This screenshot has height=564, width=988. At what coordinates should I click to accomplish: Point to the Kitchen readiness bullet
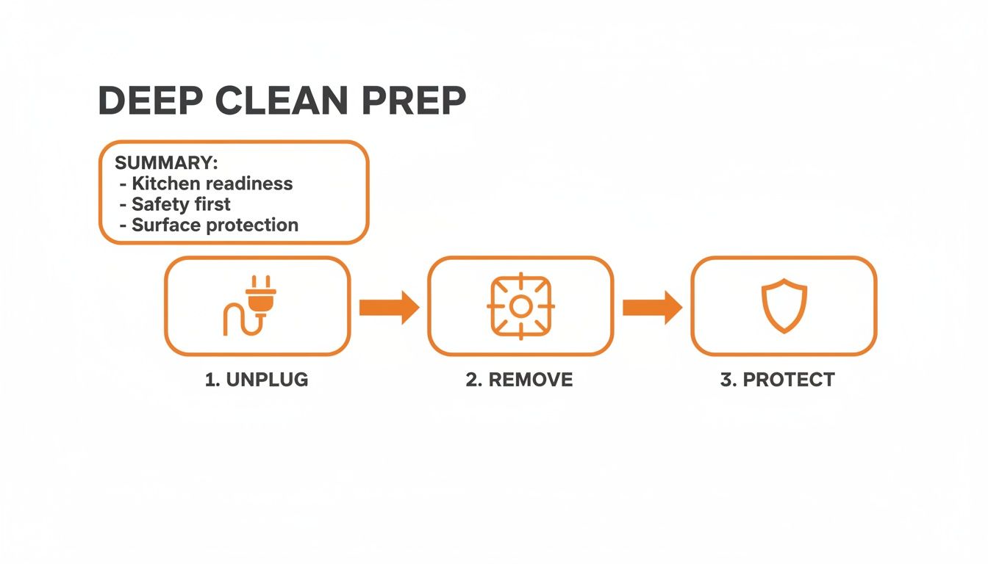212,184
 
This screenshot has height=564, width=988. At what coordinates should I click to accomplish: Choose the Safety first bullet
181,204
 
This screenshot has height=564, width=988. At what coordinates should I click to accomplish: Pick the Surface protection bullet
215,225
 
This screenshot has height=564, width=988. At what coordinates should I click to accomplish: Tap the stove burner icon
520,306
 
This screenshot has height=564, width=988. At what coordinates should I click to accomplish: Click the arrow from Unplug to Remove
389,307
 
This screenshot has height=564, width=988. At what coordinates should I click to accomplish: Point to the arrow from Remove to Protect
652,307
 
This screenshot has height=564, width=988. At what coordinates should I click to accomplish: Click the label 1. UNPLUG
257,380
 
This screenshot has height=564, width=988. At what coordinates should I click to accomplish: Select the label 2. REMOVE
519,380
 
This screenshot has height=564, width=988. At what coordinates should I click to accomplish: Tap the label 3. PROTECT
777,380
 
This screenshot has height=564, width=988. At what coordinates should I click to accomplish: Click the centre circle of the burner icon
520,306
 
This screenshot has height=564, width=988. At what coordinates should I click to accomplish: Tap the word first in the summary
212,204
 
